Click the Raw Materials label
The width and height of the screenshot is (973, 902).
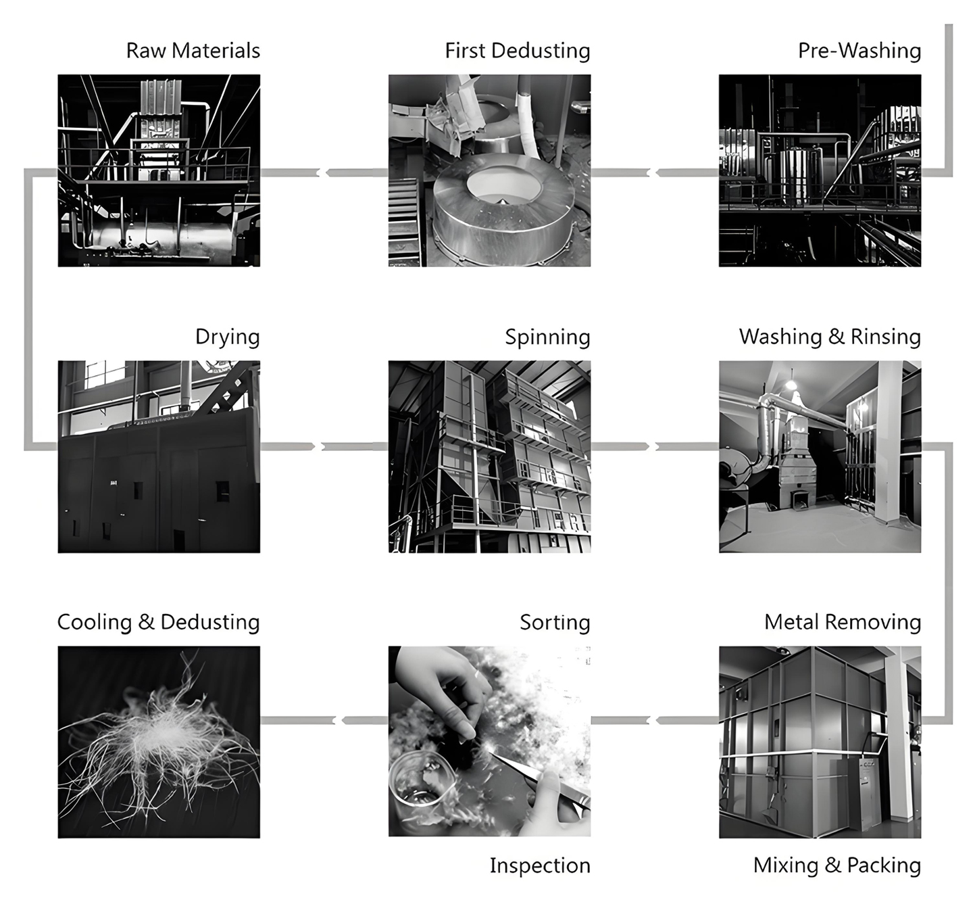point(193,51)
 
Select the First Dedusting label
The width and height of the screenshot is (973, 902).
point(517,51)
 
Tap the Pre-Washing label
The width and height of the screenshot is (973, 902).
point(859,51)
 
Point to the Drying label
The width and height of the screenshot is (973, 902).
point(227,337)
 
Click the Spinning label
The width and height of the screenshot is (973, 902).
point(547,337)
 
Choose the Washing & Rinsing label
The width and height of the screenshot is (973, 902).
point(830,337)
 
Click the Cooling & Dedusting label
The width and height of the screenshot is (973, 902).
point(158,622)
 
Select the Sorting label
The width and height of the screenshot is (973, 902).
point(555,622)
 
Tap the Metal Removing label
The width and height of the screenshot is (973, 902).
point(843,622)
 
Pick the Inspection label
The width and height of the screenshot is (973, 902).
point(540,865)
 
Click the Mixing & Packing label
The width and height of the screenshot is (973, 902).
point(837,865)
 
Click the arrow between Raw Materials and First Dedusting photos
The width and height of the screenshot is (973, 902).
point(324,173)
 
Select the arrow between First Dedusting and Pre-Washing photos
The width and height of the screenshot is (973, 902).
point(653,173)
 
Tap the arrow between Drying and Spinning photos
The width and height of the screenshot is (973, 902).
point(318,446)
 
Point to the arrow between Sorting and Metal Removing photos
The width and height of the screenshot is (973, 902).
point(653,721)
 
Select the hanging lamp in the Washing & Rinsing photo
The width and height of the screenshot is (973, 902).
point(791,383)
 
